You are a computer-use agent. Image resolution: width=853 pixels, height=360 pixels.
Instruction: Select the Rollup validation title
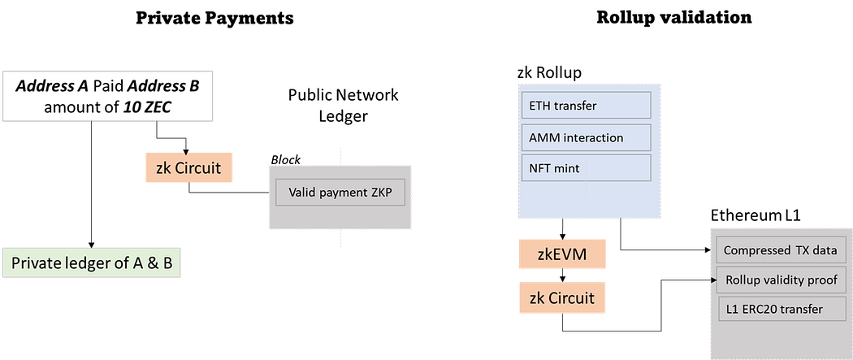673,17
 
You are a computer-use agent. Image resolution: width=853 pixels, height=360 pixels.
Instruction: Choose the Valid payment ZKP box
340,193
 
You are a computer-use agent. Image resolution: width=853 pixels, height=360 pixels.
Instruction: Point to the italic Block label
285,160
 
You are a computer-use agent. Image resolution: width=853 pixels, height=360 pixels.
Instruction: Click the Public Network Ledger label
343,106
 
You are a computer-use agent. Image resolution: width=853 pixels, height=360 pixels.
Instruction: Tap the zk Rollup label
548,73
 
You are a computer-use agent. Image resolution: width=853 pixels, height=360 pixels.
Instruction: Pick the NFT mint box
585,167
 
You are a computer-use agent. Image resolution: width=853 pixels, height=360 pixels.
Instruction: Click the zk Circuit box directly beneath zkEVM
562,298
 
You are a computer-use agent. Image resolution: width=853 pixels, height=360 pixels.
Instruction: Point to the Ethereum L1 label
756,218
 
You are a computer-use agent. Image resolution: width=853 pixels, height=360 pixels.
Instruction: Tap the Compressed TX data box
780,250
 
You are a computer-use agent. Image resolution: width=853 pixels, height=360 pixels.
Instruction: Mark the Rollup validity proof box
780,280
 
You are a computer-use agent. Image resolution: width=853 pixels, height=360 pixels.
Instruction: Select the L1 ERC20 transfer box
780,309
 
